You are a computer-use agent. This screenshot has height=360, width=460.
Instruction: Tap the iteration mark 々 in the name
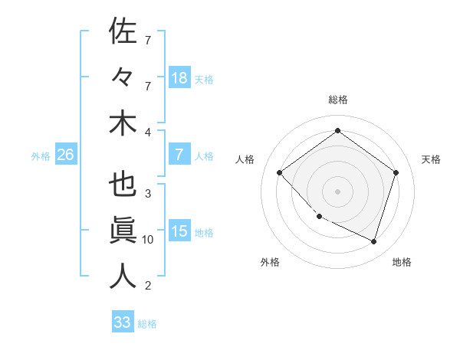click(x=123, y=77)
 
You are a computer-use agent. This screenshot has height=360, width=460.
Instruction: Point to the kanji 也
click(x=123, y=185)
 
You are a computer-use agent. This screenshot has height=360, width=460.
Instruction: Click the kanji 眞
click(x=123, y=231)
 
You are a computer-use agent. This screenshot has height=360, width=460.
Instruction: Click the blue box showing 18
click(x=179, y=77)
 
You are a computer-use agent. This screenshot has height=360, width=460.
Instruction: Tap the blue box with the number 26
click(x=65, y=155)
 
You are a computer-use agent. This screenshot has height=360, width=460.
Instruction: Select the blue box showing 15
click(x=179, y=231)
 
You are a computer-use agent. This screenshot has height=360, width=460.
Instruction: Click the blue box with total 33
click(x=123, y=322)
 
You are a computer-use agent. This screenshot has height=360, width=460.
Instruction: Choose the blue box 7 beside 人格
click(x=179, y=155)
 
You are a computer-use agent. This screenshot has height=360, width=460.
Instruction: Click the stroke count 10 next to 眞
click(x=148, y=240)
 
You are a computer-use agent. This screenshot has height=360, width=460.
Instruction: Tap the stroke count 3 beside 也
click(x=148, y=193)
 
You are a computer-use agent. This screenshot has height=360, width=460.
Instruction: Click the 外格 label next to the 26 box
click(x=41, y=155)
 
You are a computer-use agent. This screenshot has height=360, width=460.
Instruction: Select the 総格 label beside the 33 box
click(x=147, y=324)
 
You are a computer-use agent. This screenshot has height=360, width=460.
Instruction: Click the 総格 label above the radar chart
click(x=337, y=100)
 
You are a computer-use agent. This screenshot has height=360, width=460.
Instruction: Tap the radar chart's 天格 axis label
click(x=431, y=159)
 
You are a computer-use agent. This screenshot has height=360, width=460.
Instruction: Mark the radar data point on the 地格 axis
click(x=373, y=241)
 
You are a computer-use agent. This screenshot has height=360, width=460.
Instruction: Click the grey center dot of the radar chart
click(x=337, y=191)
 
